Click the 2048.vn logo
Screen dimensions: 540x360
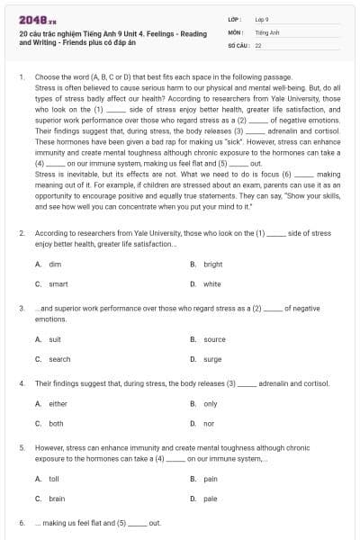(33, 18)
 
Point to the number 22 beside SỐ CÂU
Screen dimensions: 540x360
(258, 44)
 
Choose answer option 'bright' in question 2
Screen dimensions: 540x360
(212, 265)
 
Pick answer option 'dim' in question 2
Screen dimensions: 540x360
(55, 265)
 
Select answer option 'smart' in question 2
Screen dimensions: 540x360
(58, 283)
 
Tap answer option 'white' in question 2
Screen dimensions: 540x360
(211, 283)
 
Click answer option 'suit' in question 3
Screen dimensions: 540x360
(55, 340)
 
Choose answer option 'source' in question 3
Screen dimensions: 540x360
(214, 340)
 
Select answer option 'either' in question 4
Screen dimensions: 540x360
(58, 404)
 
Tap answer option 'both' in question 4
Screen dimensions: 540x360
(56, 423)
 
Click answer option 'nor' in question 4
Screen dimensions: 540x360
(209, 423)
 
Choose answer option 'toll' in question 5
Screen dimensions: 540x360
(54, 480)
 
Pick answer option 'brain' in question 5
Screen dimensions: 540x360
(57, 499)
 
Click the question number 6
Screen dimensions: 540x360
(22, 523)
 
